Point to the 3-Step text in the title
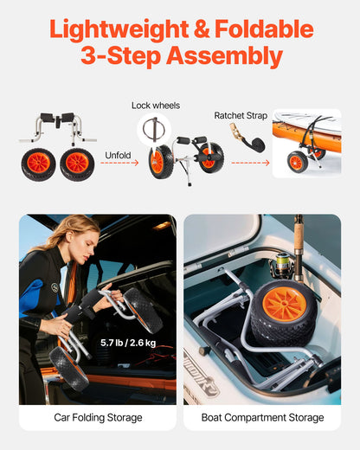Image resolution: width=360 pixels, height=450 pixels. coord(118,57)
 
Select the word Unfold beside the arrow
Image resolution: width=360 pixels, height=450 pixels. coord(118,156)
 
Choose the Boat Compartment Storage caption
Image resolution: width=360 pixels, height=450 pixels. coord(262,418)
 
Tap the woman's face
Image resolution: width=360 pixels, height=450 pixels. coord(72,247)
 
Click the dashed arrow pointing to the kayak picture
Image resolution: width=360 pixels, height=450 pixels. coord(258,161)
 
